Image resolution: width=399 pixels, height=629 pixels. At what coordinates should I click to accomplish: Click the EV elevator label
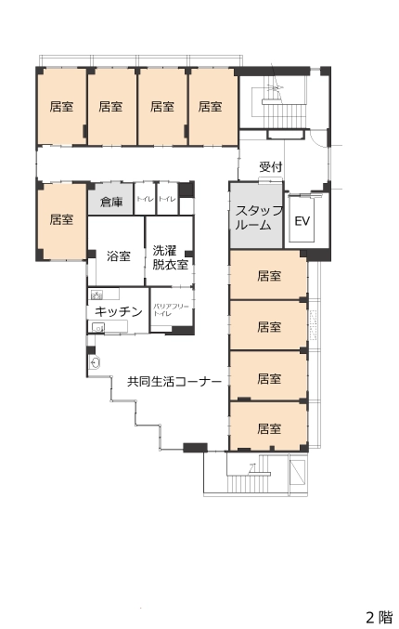302,221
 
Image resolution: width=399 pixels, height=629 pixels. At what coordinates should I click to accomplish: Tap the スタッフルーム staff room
256,216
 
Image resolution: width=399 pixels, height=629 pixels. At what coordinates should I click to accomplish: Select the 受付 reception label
270,166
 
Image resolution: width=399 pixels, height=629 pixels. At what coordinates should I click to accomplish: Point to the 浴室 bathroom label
119,256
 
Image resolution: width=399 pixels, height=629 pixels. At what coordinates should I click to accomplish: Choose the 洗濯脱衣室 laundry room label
170,257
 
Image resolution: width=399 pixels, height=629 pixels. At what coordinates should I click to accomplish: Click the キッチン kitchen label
119,311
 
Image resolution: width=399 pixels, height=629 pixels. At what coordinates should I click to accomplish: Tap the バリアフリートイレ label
171,309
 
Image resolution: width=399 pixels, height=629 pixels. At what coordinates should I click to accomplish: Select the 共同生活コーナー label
174,381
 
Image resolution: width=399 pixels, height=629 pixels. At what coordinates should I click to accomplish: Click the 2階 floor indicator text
379,617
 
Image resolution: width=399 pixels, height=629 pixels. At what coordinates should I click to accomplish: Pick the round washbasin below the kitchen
95,363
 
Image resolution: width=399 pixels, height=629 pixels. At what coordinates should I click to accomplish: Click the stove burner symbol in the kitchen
97,295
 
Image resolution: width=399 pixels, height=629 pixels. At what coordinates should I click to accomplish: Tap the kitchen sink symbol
98,327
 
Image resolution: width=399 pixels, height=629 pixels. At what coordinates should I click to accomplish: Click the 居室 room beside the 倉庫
62,221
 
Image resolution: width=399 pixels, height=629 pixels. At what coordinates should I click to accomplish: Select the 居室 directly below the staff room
268,275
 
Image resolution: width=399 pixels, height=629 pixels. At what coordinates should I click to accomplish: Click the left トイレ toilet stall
145,200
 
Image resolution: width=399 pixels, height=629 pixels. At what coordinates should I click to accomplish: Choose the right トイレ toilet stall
167,200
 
